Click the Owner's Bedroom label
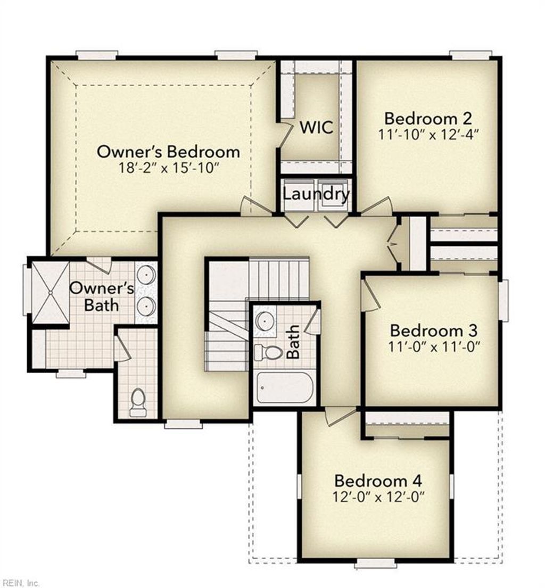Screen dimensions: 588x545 pyautogui.click(x=168, y=152)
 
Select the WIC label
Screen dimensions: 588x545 pyautogui.click(x=316, y=128)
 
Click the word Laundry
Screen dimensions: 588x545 pyautogui.click(x=316, y=194)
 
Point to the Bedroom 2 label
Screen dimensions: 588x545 pyautogui.click(x=428, y=118)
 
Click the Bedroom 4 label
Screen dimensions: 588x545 pyautogui.click(x=378, y=481)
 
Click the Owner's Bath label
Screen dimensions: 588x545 pyautogui.click(x=102, y=296)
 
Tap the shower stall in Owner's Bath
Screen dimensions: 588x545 pyautogui.click(x=51, y=292)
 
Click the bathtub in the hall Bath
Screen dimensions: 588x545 pyautogui.click(x=284, y=388)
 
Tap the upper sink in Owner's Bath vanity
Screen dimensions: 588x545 pyautogui.click(x=146, y=275)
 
